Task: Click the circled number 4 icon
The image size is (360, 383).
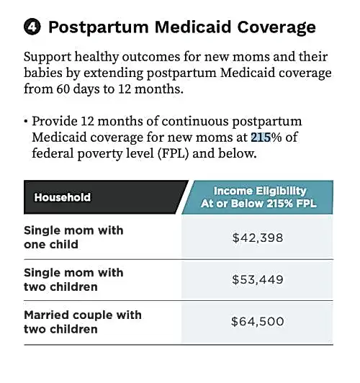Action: (x=32, y=27)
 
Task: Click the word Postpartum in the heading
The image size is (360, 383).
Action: (x=99, y=27)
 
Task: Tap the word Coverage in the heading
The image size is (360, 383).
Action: (x=276, y=27)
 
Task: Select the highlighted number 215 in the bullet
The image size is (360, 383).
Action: (x=261, y=138)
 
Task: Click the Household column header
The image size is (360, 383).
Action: (x=62, y=197)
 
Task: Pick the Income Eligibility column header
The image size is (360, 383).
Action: (x=258, y=197)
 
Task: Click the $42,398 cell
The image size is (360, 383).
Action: (x=258, y=238)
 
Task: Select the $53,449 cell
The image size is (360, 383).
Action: (x=258, y=279)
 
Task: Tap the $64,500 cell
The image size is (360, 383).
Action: (x=258, y=321)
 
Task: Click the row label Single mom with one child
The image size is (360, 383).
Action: (x=73, y=238)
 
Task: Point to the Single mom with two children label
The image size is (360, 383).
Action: (x=73, y=279)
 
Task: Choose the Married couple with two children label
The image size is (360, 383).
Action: (x=83, y=322)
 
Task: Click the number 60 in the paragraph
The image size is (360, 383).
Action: (x=63, y=89)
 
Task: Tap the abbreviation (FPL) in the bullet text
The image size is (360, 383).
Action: (x=173, y=153)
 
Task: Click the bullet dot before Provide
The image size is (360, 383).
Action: (x=26, y=122)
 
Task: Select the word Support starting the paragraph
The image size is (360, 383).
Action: (x=48, y=58)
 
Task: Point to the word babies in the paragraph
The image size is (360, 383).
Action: (x=42, y=73)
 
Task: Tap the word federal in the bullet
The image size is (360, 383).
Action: (x=53, y=153)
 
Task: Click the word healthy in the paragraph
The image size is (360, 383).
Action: (x=96, y=58)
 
